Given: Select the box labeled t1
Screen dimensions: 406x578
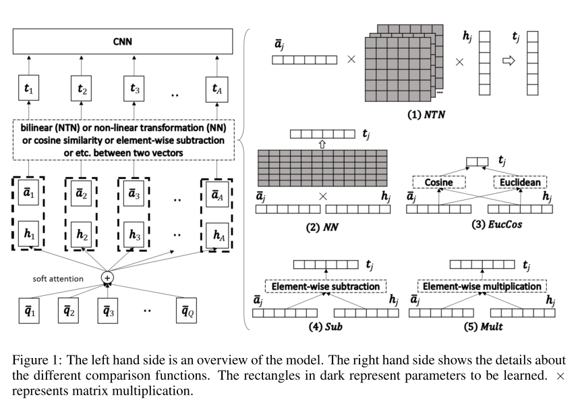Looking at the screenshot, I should click(x=28, y=88).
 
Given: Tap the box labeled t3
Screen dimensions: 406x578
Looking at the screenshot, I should click(x=133, y=88).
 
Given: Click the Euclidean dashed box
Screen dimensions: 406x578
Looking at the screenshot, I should click(x=519, y=182).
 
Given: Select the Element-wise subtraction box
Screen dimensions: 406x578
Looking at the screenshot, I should click(x=326, y=286).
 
